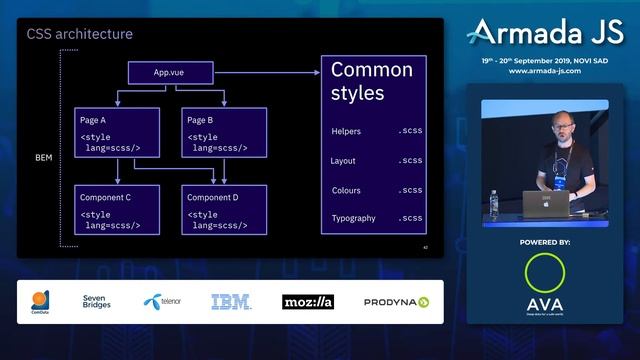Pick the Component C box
click(x=116, y=211)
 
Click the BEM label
click(x=44, y=158)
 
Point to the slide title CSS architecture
click(x=79, y=35)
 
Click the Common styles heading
click(x=371, y=84)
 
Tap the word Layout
click(x=343, y=161)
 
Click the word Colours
click(x=345, y=190)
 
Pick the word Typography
click(x=353, y=218)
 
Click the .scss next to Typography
click(x=410, y=218)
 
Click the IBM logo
click(x=230, y=301)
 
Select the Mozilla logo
click(x=307, y=301)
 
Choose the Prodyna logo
click(x=396, y=301)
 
